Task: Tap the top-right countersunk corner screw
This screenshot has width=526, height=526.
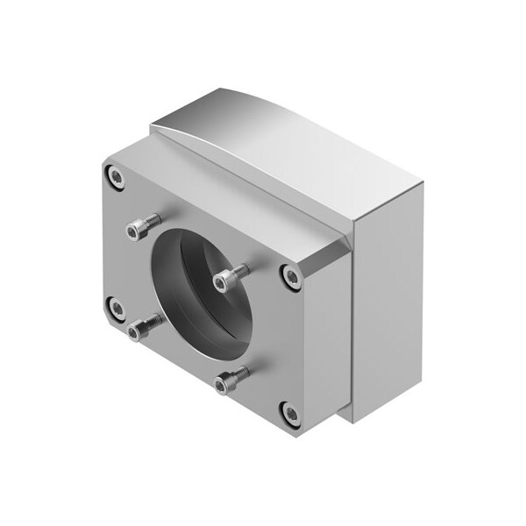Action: pyautogui.click(x=291, y=277)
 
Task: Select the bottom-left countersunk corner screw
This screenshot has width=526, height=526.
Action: pyautogui.click(x=115, y=307)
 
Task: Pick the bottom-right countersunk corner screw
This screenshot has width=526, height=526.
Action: pyautogui.click(x=289, y=412)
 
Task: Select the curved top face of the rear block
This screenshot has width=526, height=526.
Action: pyautogui.click(x=289, y=149)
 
